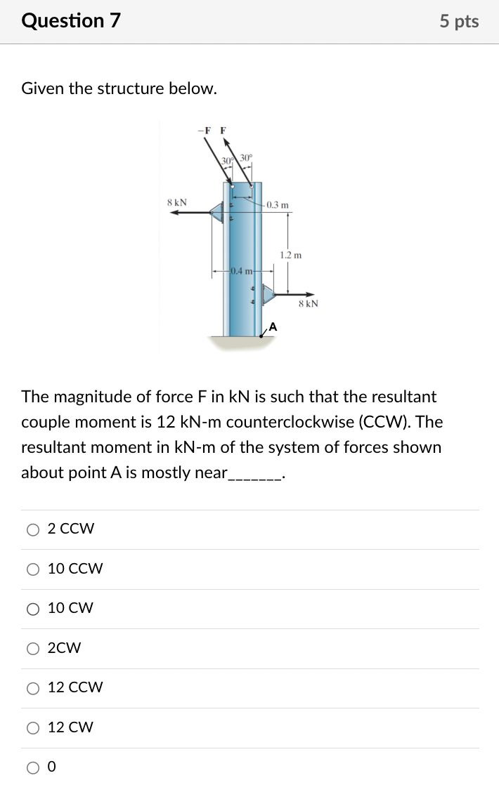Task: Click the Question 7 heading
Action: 71,20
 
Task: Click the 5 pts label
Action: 459,21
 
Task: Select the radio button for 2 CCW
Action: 33,530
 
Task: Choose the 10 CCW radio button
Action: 33,569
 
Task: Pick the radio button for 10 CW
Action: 33,609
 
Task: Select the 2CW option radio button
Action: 33,649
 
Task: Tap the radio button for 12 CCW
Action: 33,689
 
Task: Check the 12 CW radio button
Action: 33,728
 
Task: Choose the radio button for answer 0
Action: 33,767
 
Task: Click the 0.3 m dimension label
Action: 278,205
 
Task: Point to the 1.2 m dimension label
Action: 290,255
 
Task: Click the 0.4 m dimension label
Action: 242,270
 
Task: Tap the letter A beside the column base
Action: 273,326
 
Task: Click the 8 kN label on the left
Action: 177,202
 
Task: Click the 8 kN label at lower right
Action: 308,304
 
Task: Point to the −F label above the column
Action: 204,130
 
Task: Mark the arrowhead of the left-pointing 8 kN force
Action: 174,213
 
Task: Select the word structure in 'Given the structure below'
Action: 131,88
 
